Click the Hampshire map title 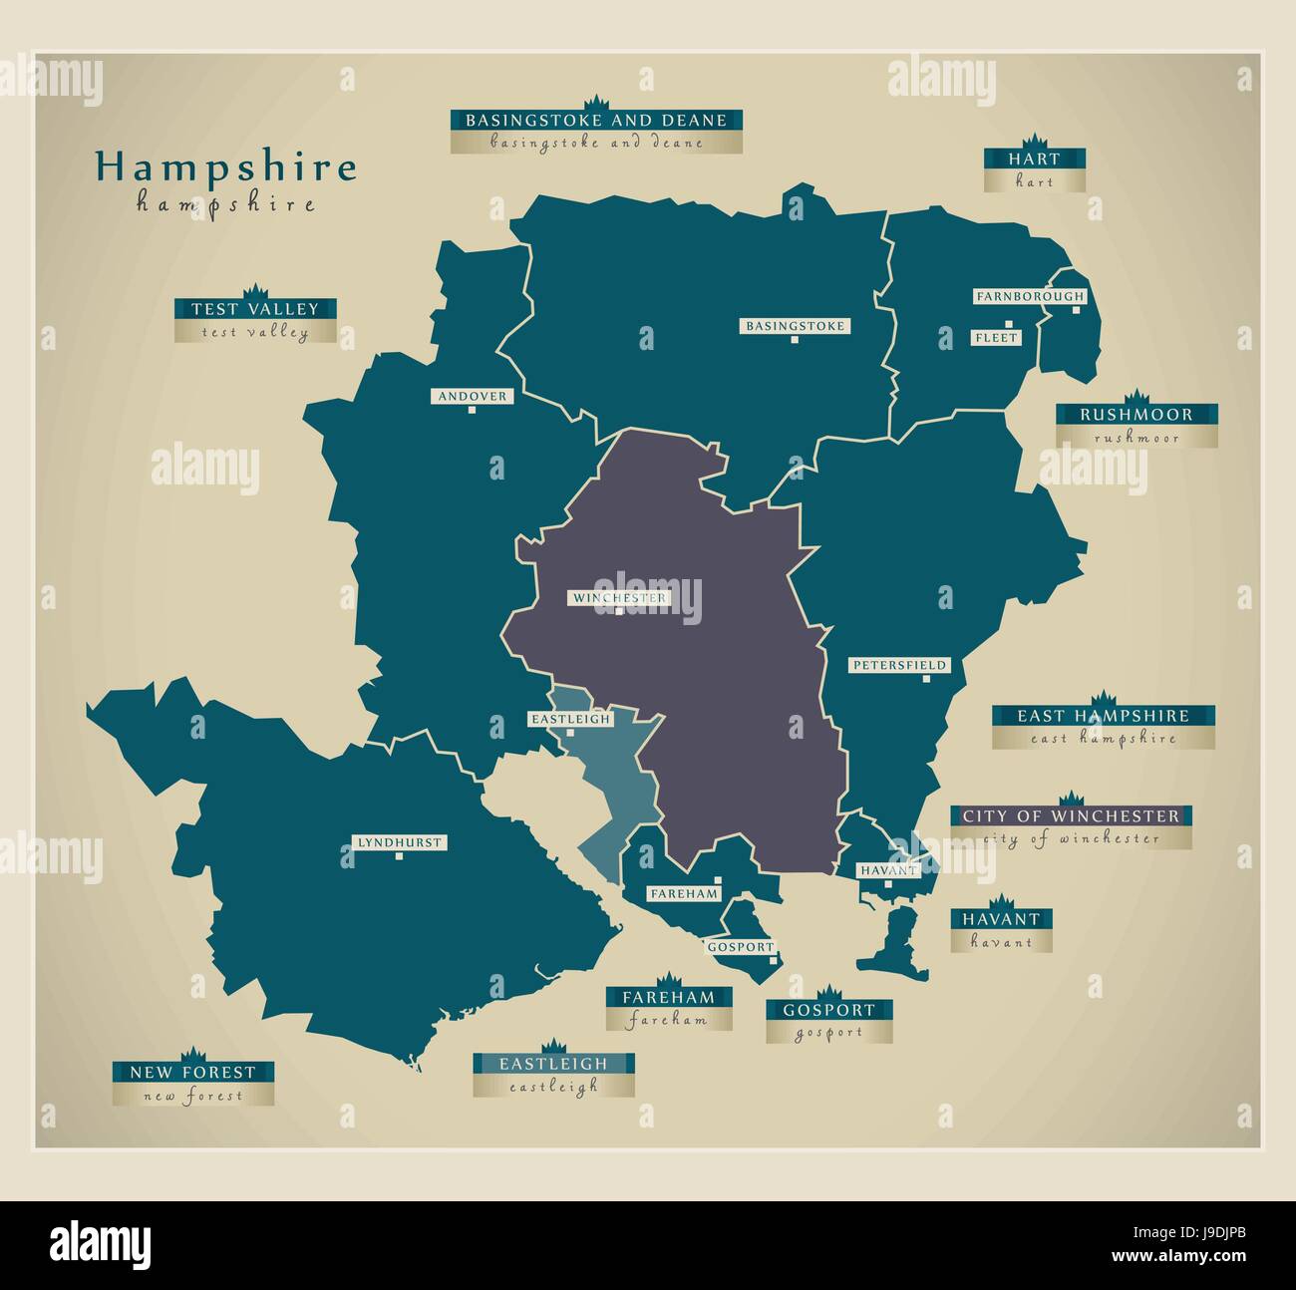(225, 167)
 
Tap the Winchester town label (619, 598)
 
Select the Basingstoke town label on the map (795, 326)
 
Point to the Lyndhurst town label (399, 842)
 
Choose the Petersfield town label (899, 665)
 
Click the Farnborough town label (1029, 296)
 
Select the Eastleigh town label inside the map (569, 719)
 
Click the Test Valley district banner (255, 309)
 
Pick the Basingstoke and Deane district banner (596, 121)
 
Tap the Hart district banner (1034, 159)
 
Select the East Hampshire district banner (1103, 716)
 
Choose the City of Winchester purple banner (1071, 815)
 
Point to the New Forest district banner (192, 1073)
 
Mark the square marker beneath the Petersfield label (925, 679)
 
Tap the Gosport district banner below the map (828, 1010)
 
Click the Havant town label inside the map (888, 870)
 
